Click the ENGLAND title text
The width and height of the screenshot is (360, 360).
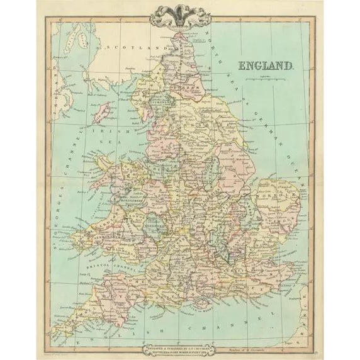[265, 65]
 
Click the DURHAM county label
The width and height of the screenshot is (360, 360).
[183, 89]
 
